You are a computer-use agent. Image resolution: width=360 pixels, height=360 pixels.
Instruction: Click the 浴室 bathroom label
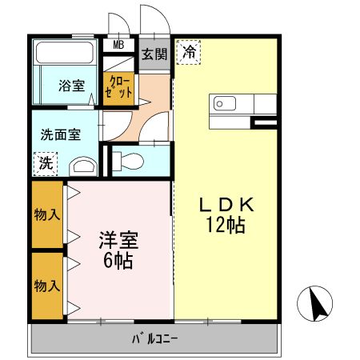point(72,86)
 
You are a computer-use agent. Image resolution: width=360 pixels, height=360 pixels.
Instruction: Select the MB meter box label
point(118,45)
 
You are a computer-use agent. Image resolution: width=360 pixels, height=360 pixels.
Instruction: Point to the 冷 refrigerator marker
point(189,51)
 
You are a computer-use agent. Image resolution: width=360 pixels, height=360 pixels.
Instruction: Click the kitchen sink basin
point(222,104)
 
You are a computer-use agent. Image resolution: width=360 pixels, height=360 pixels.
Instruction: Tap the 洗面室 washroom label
point(61,134)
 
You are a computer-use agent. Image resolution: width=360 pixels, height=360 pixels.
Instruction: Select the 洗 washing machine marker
point(46,164)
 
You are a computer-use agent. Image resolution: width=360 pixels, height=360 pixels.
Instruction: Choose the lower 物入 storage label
point(47,285)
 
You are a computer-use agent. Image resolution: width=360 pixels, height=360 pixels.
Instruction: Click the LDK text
point(226,205)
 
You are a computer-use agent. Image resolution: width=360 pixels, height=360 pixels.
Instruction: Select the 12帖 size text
point(226,226)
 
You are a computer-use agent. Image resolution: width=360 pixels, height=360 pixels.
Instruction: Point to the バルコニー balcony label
point(155,338)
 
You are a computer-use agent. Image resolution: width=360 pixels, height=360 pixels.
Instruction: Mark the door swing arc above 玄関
point(151,20)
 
